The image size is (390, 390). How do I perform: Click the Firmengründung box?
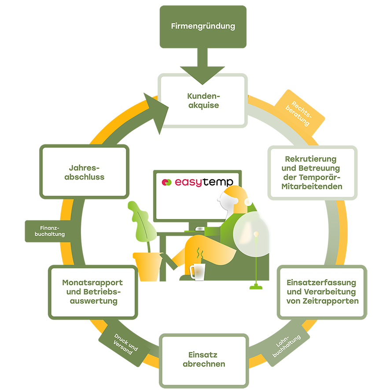[203, 26]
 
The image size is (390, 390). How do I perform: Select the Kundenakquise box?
[203, 100]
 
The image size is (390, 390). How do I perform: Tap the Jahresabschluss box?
[85, 172]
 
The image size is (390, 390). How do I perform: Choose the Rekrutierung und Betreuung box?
[313, 173]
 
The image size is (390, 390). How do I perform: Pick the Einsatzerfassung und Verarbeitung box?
[322, 292]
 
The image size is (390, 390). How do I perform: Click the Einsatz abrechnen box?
[204, 361]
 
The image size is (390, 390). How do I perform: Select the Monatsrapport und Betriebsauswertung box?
[93, 292]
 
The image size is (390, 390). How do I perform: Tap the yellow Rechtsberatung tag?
[299, 113]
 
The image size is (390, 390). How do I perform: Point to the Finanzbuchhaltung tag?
[49, 231]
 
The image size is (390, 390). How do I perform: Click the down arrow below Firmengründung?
[202, 66]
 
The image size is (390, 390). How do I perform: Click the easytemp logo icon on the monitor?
[167, 182]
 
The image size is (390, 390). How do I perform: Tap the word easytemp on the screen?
[204, 182]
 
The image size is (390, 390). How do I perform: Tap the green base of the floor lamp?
[256, 287]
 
